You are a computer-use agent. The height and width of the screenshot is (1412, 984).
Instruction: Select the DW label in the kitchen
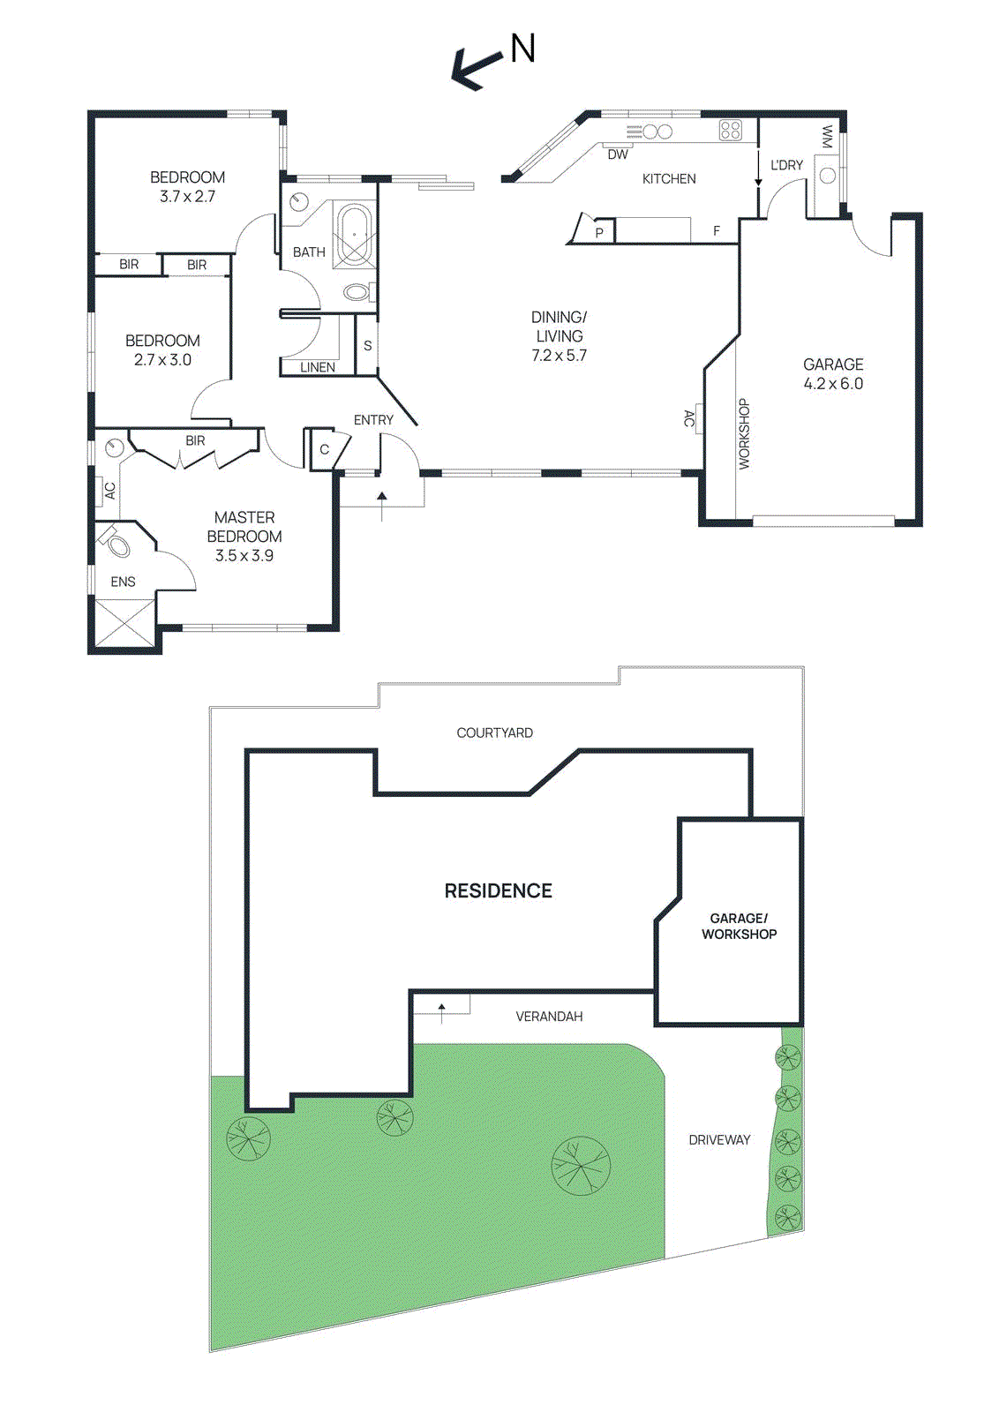click(x=618, y=154)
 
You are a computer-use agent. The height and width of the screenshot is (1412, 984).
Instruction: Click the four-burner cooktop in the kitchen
click(x=731, y=131)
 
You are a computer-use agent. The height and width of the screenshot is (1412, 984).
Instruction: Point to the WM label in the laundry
click(x=827, y=137)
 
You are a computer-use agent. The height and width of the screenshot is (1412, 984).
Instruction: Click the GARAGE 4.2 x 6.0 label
click(x=833, y=374)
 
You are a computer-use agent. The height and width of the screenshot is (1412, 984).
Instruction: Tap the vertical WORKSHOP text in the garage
click(x=744, y=433)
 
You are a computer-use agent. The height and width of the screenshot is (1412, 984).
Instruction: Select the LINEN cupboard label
click(x=317, y=367)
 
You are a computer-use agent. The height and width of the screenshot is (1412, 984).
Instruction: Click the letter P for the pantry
click(x=599, y=233)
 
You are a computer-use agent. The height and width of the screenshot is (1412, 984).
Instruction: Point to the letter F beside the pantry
click(x=716, y=231)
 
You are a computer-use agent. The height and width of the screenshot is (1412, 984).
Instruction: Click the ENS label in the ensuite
click(x=123, y=582)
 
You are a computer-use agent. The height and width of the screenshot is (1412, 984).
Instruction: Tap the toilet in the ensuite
click(x=114, y=543)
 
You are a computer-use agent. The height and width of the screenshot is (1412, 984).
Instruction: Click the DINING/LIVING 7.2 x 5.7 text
click(x=560, y=336)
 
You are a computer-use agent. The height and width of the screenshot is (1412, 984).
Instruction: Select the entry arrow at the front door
click(x=382, y=507)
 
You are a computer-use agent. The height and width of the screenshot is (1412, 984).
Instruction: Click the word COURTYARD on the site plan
click(x=495, y=732)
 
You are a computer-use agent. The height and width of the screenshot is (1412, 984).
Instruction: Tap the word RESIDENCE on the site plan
click(x=498, y=890)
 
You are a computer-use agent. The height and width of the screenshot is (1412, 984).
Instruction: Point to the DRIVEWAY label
click(x=719, y=1139)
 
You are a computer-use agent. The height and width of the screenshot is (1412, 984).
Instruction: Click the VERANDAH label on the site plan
click(x=549, y=1016)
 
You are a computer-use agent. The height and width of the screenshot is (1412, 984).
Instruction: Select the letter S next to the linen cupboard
click(x=367, y=345)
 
